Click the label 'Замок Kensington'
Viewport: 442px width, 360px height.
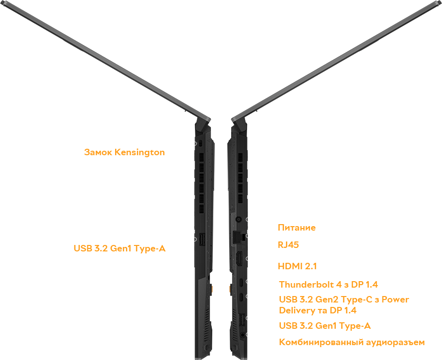click(x=125, y=152)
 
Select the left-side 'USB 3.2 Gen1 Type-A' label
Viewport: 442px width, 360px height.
click(x=120, y=248)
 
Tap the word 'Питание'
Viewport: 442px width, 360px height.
click(x=297, y=228)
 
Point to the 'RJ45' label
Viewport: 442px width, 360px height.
click(x=288, y=245)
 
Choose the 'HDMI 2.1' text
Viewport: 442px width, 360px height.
click(x=297, y=266)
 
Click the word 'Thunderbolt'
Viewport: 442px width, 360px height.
click(x=307, y=285)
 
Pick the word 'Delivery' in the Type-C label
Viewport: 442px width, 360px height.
click(x=297, y=310)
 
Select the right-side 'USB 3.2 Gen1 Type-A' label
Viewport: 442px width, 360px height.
click(x=325, y=326)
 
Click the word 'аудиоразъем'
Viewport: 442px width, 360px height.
click(x=395, y=343)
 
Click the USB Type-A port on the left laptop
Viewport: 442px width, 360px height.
click(x=202, y=239)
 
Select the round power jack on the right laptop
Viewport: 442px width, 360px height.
click(x=239, y=219)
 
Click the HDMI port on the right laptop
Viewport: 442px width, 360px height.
click(x=239, y=258)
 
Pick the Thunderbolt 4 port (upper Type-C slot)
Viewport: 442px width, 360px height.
click(x=242, y=282)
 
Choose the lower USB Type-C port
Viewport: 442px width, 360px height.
click(x=242, y=297)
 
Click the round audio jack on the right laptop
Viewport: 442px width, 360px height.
click(x=243, y=335)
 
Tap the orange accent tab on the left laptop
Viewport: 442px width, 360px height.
click(x=211, y=289)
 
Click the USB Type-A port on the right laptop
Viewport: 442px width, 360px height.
click(x=242, y=320)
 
